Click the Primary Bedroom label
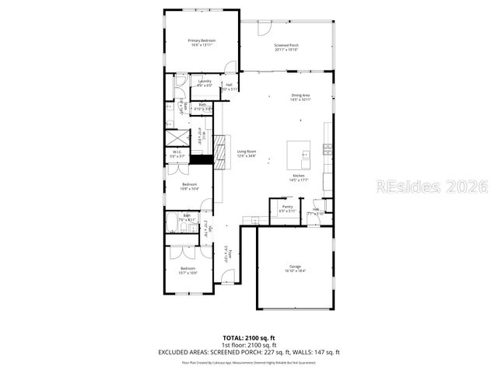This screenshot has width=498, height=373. tap(202, 40)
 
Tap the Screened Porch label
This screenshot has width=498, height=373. tap(286, 46)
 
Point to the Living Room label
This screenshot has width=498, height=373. tap(247, 152)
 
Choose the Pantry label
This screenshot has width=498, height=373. tap(287, 207)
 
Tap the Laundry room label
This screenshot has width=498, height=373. tap(205, 81)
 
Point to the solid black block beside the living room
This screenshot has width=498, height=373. tap(202, 159)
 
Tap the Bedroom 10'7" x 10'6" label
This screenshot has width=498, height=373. tap(189, 270)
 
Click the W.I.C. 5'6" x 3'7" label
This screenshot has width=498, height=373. tap(177, 154)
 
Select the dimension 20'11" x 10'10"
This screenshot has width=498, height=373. tap(286, 50)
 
